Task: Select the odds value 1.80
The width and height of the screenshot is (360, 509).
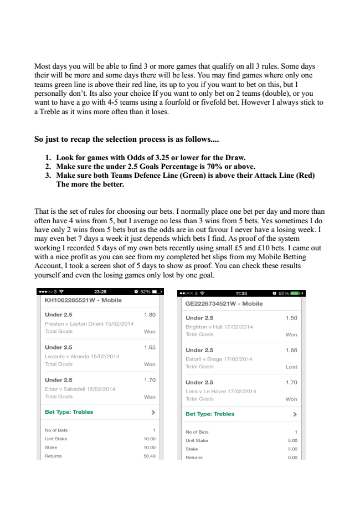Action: [x=150, y=315]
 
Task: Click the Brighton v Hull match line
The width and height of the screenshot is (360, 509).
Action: [x=219, y=327]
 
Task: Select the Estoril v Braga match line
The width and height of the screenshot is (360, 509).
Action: [x=219, y=359]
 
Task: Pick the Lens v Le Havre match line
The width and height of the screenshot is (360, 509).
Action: [x=221, y=391]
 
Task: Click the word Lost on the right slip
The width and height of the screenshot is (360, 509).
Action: [x=291, y=367]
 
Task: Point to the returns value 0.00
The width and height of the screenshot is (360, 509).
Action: [x=291, y=457]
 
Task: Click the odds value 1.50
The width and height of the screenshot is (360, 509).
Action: [x=291, y=318]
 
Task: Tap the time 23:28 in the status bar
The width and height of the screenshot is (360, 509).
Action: [x=100, y=291]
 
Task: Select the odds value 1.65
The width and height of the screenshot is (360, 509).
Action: [x=150, y=347]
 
